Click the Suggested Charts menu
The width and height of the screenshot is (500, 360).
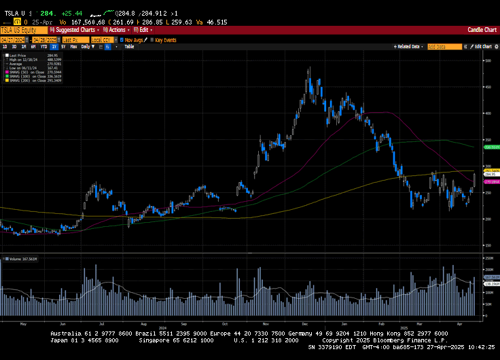tap(75, 30)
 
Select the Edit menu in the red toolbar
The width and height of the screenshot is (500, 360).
tap(144, 30)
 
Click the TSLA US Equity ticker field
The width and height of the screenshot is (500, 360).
tap(18, 30)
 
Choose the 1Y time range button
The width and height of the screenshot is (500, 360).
tap(54, 46)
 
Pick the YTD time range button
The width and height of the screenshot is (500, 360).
tap(43, 46)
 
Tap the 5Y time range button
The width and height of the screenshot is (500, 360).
tap(63, 46)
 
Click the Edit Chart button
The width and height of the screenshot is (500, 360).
tap(482, 46)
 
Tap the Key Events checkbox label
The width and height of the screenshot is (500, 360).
tap(165, 40)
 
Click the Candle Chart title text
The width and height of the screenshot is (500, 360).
tap(482, 30)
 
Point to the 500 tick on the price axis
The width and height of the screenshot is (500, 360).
tap(487, 60)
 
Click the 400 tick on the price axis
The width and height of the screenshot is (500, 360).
tap(487, 113)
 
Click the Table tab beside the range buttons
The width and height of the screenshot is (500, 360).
tap(129, 46)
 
